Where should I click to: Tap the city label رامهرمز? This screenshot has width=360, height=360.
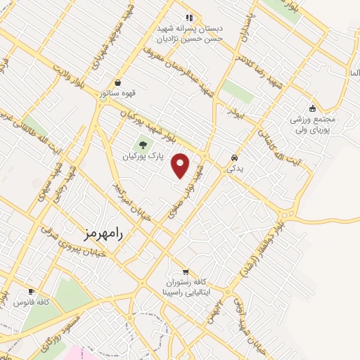tap(102, 233)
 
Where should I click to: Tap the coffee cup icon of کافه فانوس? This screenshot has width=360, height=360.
tap(31, 291)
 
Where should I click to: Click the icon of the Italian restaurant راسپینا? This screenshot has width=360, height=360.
tap(186, 273)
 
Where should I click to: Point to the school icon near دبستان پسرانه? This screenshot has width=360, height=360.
tap(188, 17)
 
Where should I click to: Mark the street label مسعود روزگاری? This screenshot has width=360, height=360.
tap(59, 337)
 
